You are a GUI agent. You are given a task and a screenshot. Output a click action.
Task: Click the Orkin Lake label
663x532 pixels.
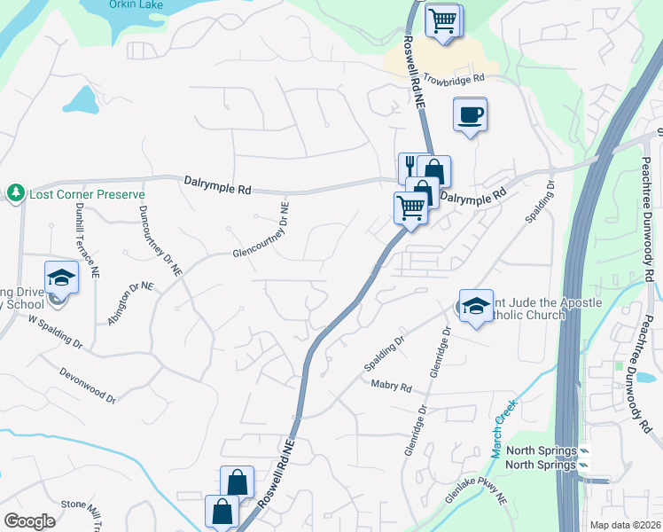(136, 4)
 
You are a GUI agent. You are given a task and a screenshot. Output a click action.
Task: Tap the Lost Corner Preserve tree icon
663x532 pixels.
(16, 192)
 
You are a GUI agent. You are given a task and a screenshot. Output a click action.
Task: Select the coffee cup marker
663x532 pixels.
(470, 113)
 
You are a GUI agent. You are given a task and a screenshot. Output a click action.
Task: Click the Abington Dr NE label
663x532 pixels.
(130, 303)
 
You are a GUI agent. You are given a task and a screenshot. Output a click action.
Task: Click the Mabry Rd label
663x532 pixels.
(392, 387)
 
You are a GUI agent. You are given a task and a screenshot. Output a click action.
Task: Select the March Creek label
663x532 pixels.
(503, 428)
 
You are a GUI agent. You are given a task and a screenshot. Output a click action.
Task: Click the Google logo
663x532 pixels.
(29, 521)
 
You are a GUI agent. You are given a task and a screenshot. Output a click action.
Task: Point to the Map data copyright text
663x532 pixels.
(625, 525)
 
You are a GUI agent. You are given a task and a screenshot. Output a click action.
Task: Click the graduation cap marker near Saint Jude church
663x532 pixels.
(476, 306)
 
